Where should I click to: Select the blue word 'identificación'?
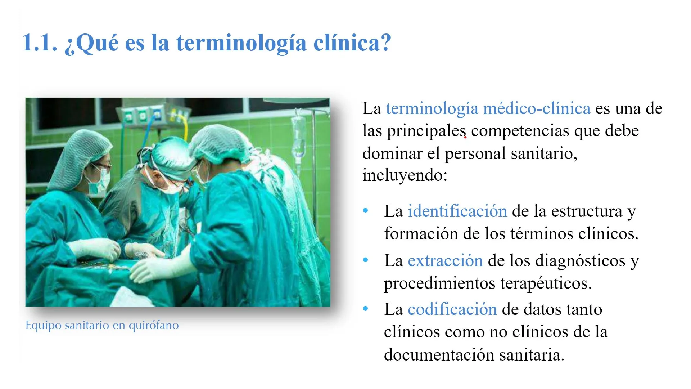[457, 211]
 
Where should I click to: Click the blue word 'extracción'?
[445, 260]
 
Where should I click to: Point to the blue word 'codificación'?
[452, 309]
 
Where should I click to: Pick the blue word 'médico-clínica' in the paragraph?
[537, 108]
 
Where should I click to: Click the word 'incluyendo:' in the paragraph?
[405, 176]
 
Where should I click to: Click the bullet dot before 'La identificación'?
[366, 211]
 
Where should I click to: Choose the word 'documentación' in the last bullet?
[439, 355]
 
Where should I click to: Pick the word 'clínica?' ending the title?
[352, 43]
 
